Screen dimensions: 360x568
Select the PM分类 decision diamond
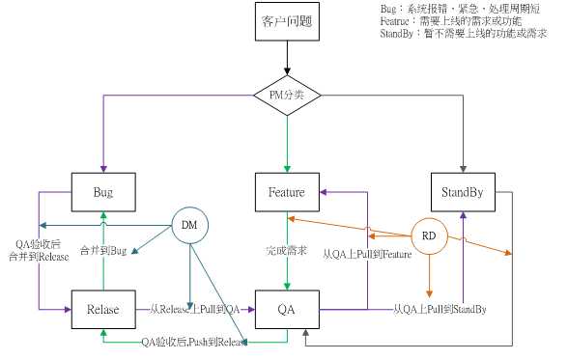click(287, 95)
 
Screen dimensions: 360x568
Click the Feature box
click(287, 192)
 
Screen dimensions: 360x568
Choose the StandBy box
click(463, 192)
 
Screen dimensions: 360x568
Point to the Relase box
click(102, 310)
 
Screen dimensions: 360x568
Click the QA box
click(287, 310)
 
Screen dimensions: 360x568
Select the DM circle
click(189, 225)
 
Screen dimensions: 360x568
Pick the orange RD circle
click(429, 235)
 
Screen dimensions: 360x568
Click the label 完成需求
click(287, 251)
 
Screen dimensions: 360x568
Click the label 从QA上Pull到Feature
click(366, 254)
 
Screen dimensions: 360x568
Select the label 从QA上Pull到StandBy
click(440, 310)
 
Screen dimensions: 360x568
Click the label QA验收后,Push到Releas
click(192, 342)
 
